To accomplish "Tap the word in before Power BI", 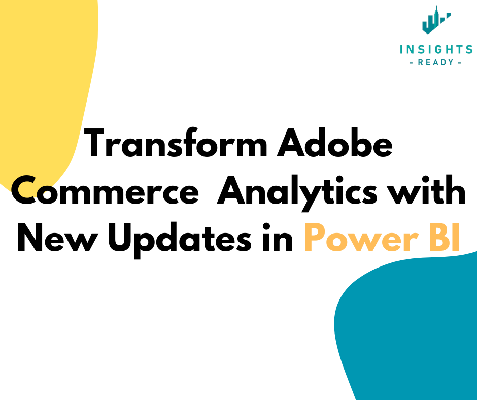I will point(278,239).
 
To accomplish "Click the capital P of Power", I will point(315,239).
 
